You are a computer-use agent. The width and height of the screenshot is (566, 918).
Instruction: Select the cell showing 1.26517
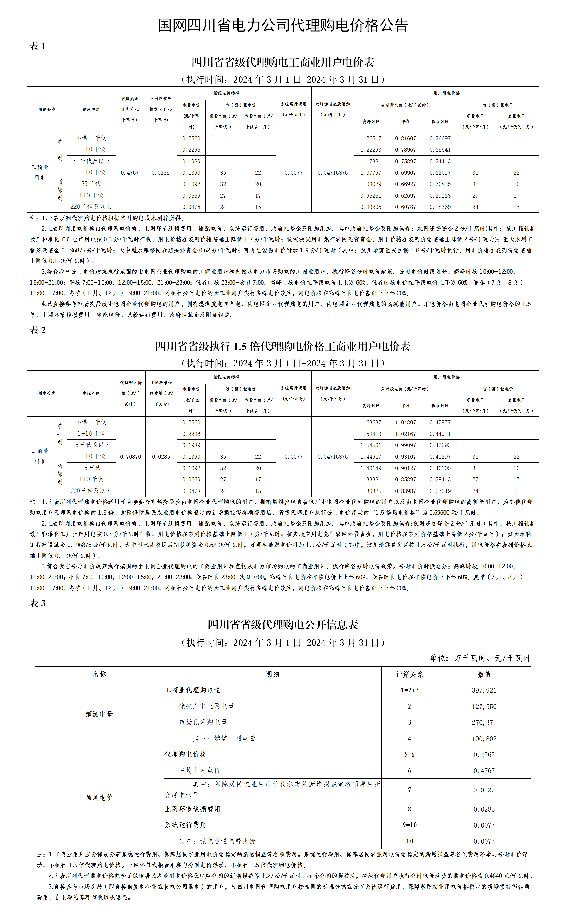coord(371,138)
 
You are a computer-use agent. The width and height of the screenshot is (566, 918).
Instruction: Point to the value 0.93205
coord(371,207)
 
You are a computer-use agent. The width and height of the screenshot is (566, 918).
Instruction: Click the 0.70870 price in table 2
coord(130,456)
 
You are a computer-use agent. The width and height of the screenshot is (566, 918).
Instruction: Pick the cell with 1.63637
coord(371,422)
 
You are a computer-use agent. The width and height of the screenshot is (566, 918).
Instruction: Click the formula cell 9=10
coord(409,825)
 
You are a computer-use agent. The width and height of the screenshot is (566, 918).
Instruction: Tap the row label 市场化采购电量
coord(203,722)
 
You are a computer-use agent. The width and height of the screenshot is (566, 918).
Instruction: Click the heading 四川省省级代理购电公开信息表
coord(283,624)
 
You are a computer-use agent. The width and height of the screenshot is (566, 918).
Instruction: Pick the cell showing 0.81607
coord(405,138)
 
